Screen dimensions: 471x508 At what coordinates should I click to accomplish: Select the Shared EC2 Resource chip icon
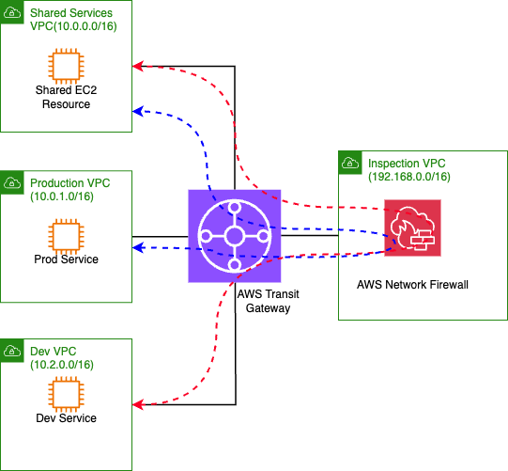click(x=64, y=65)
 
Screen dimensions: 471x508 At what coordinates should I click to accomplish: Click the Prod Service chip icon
click(x=64, y=234)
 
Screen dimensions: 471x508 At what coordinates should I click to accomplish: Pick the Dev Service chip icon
click(x=64, y=393)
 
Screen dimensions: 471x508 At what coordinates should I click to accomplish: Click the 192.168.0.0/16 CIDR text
click(x=410, y=176)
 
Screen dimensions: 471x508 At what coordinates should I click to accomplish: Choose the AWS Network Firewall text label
click(x=413, y=282)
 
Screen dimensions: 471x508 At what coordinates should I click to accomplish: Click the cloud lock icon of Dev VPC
click(x=14, y=351)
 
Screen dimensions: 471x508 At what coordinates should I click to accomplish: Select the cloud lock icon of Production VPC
click(x=14, y=182)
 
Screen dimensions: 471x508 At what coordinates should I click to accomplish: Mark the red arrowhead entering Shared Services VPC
click(x=137, y=66)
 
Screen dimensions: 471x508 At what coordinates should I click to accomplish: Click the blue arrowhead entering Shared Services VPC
click(x=137, y=111)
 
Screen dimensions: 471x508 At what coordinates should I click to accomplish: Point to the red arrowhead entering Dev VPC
click(x=137, y=404)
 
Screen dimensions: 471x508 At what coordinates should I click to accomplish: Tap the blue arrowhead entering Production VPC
click(x=137, y=247)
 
